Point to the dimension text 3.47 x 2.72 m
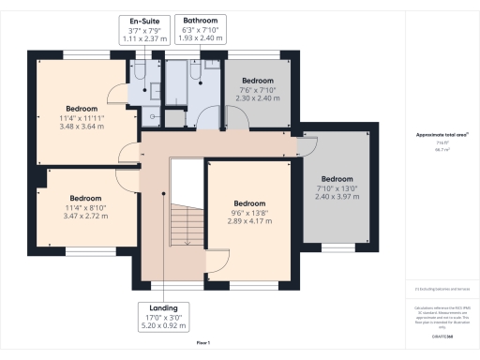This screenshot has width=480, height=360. coord(84,216)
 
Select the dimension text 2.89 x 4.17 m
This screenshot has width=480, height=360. coord(249,221)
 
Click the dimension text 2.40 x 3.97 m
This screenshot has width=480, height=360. coord(337,197)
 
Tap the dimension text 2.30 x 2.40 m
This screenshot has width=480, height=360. coord(258,97)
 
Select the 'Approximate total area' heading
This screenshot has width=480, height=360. coord(441,135)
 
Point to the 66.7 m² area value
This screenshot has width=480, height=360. coord(440,149)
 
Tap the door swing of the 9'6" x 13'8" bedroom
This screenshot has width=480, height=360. coord(217,263)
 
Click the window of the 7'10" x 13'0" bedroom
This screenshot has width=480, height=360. coord(336,249)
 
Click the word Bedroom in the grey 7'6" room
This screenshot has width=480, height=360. coord(258,81)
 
